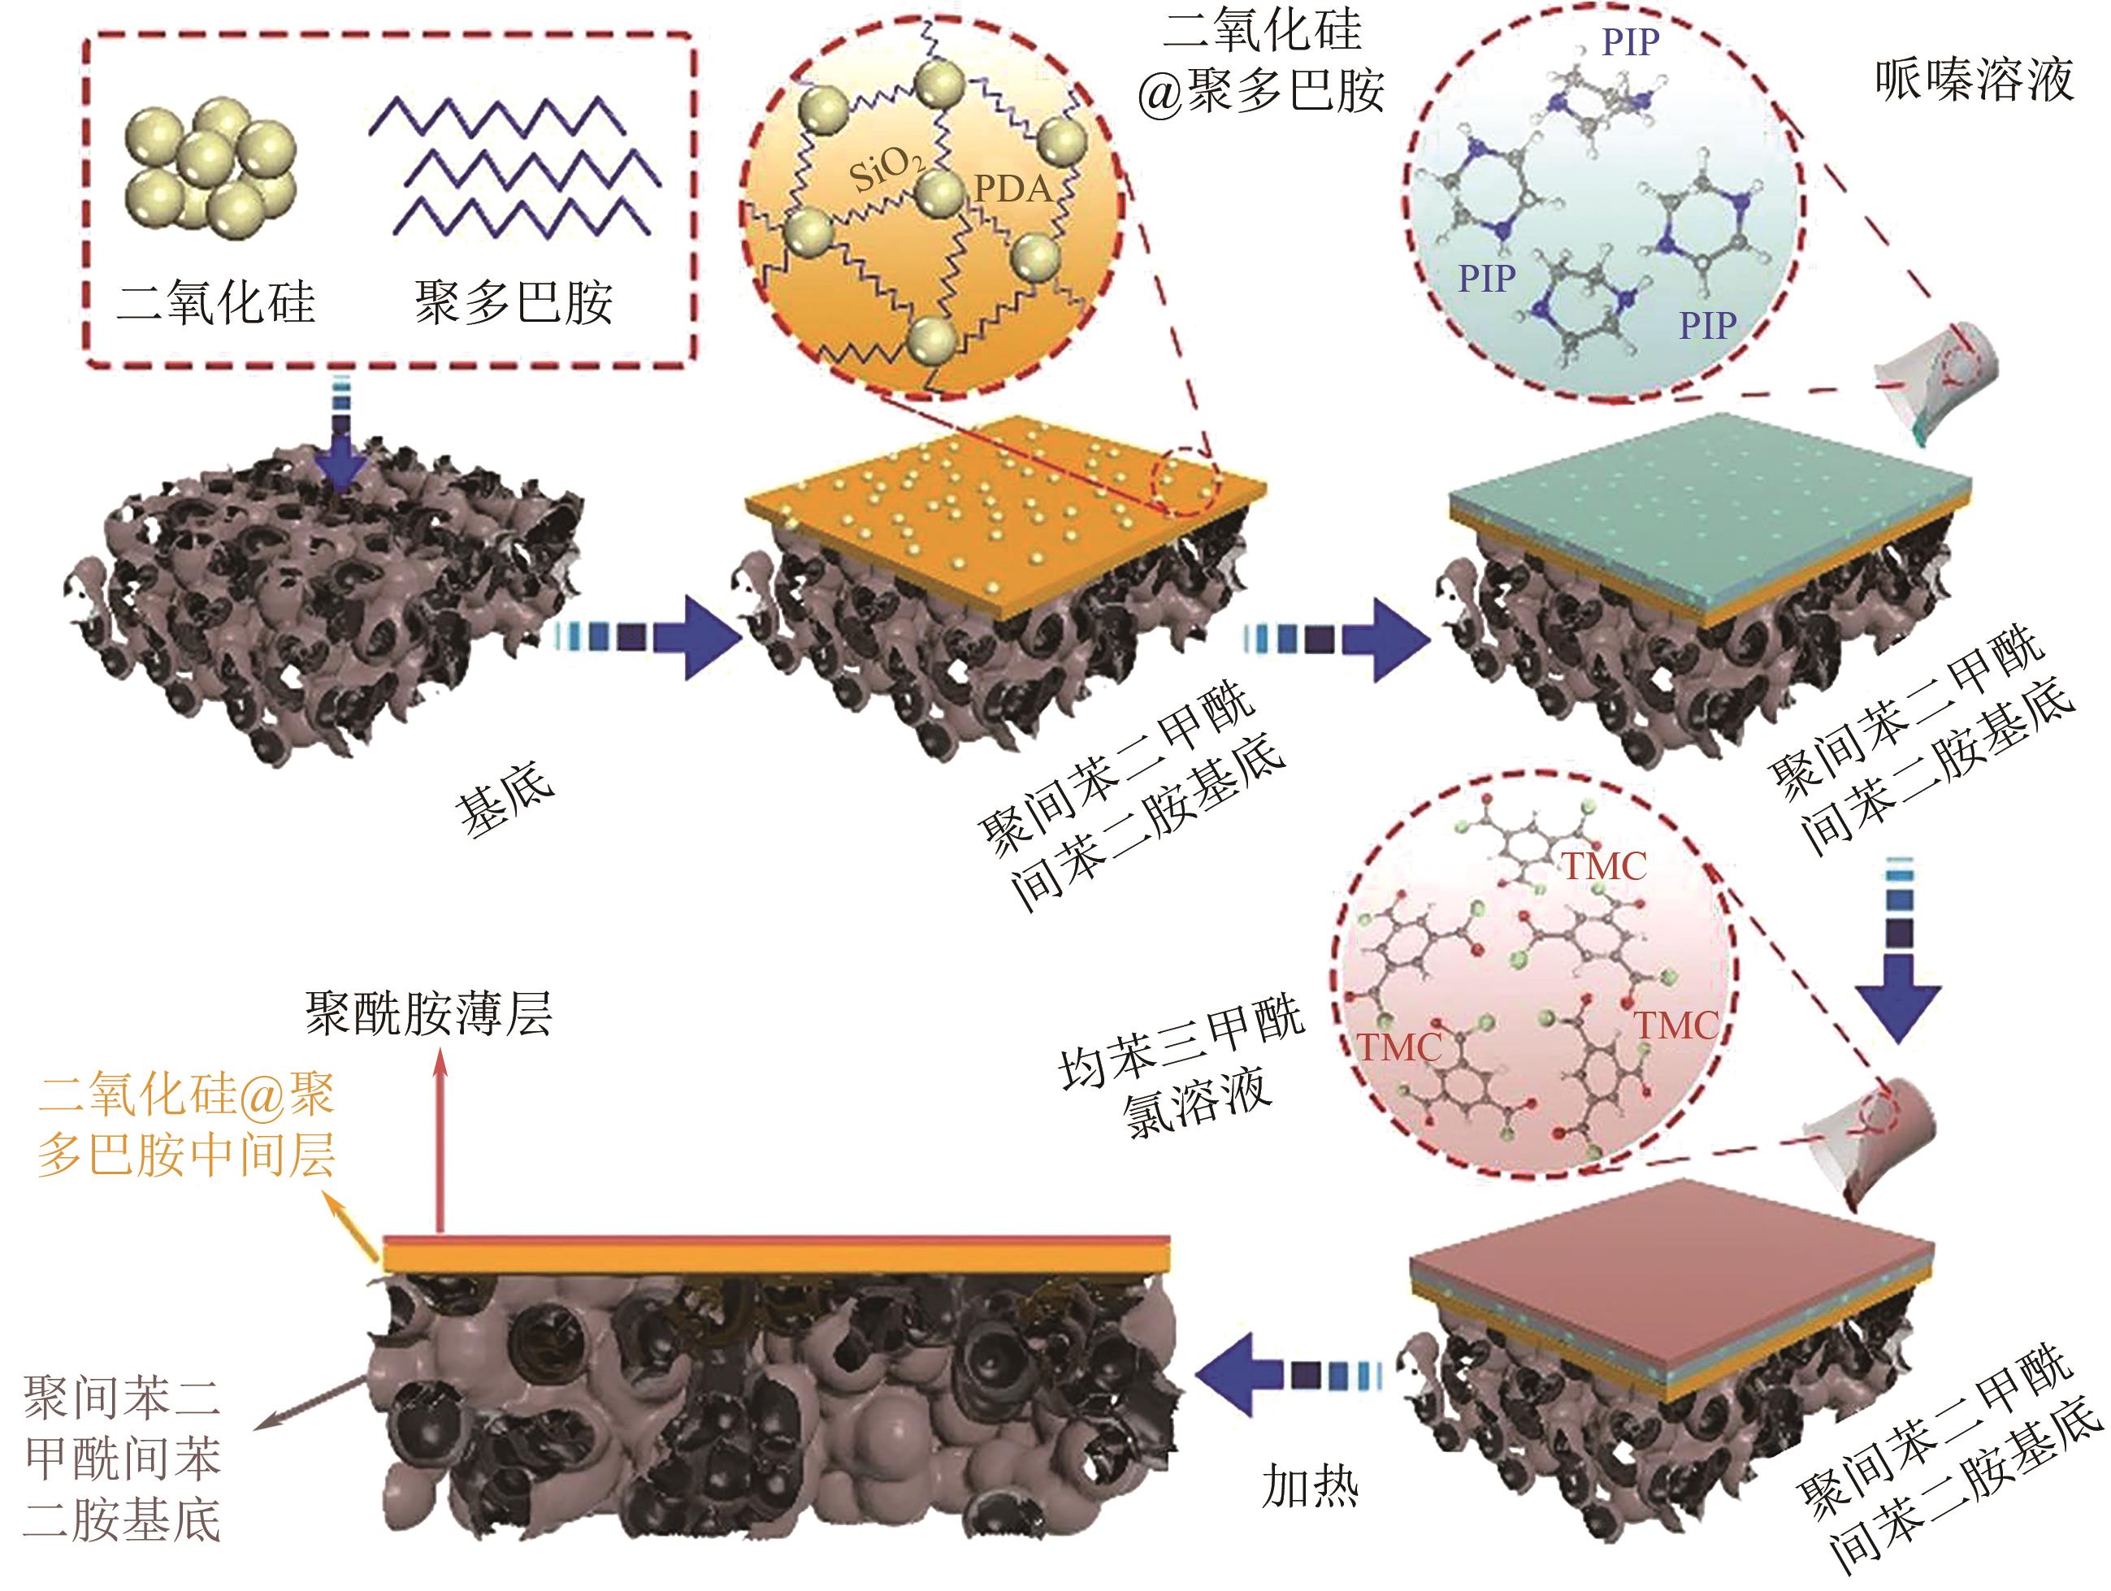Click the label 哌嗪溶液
[1973, 79]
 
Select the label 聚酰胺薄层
[428, 1013]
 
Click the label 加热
[1308, 1486]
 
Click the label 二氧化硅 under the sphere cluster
[215, 302]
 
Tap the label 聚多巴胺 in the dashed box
[514, 302]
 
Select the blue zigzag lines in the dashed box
[515, 165]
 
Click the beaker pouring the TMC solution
[1870, 1141]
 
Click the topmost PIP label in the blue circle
[1630, 42]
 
